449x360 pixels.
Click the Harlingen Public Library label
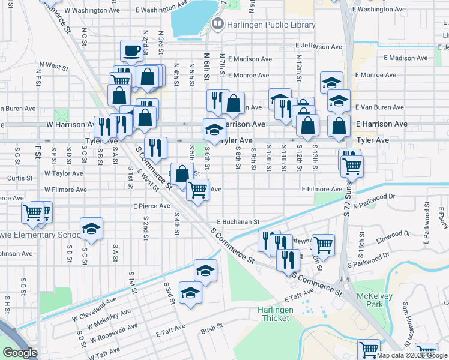pos(270,25)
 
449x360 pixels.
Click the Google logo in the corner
pos(20,353)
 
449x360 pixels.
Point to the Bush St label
pos(212,329)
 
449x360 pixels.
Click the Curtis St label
pos(20,178)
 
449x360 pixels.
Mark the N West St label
pos(56,65)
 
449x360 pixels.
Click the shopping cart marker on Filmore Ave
pos(197,190)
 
